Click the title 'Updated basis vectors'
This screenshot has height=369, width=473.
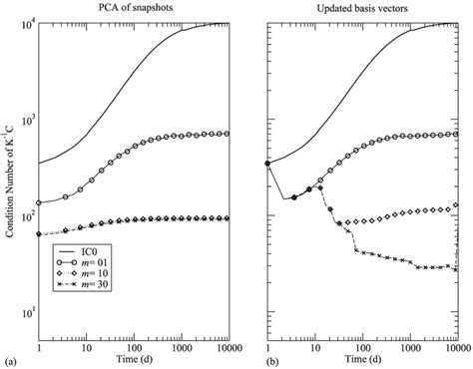(x=363, y=9)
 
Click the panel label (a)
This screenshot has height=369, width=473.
(x=11, y=357)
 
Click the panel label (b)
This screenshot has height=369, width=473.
(x=242, y=357)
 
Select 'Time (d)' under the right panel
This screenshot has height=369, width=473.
(x=363, y=357)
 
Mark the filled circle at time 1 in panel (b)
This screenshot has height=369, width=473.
(x=267, y=164)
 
